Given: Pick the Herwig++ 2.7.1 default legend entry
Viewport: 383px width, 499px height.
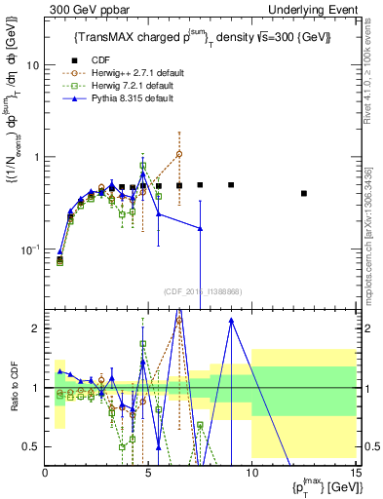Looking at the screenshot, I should point(131,72).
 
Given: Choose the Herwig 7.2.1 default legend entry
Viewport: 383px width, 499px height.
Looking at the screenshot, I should point(128,86).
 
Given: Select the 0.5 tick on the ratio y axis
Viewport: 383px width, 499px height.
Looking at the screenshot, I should point(31,446).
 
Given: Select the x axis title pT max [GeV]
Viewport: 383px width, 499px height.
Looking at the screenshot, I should point(319,485).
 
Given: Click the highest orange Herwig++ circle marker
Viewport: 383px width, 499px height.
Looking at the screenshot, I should point(179,154).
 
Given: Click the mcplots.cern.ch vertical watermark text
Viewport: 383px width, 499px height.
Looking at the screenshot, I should point(373,244).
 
